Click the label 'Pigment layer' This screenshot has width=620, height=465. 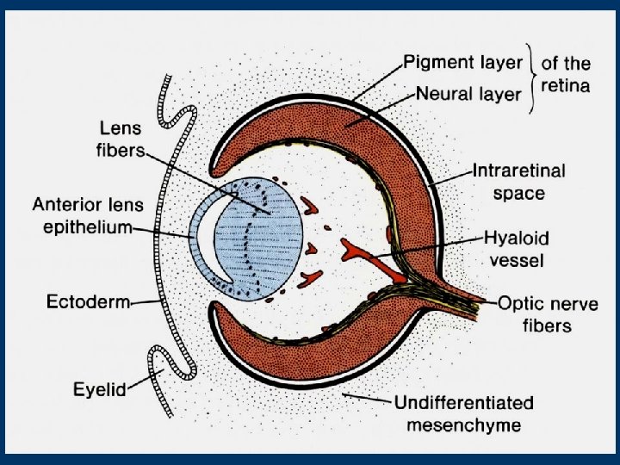463,63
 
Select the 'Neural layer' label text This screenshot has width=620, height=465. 468,92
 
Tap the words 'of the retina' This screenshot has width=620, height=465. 566,74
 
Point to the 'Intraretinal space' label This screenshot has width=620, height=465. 518,182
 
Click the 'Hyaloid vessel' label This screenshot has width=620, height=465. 516,247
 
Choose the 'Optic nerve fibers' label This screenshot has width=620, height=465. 547,314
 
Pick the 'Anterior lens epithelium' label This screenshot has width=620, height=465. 88,215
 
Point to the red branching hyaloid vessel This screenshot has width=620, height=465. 353,251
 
